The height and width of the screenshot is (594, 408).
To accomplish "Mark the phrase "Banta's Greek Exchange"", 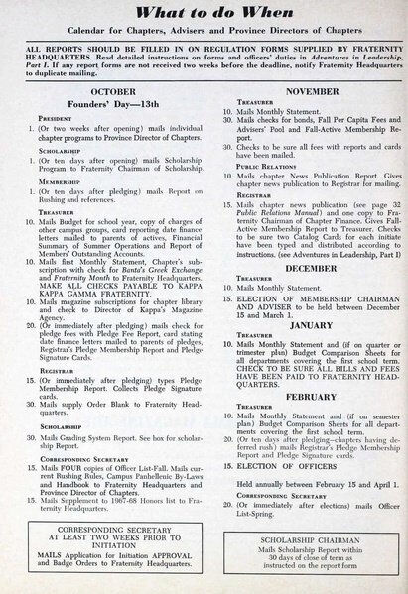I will [x=150, y=270].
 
